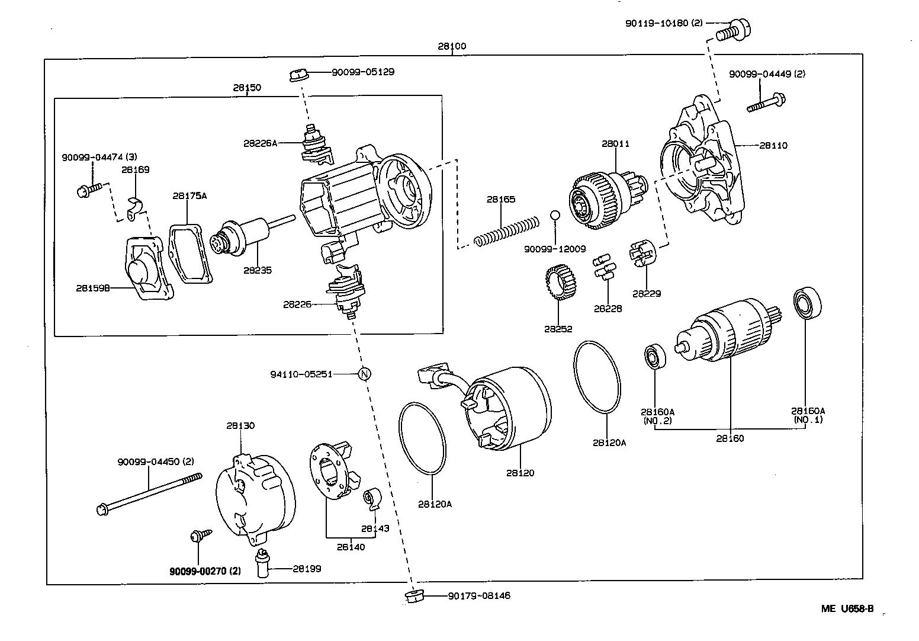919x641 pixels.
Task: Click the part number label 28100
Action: [x=452, y=46]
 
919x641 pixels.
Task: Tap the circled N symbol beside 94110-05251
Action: [x=365, y=374]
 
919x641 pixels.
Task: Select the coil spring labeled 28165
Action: [x=507, y=232]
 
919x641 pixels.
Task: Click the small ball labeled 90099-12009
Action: [x=555, y=214]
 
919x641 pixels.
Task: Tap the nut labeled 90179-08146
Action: [x=413, y=596]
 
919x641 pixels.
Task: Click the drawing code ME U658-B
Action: [x=847, y=609]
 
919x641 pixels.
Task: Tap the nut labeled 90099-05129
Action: [x=298, y=75]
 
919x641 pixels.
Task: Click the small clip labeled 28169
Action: [x=136, y=207]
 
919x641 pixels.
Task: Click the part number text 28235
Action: [x=258, y=270]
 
